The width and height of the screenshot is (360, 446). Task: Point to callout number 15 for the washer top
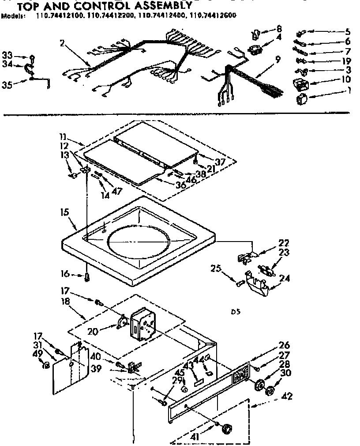[64, 212]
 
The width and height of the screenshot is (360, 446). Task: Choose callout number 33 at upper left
[7, 55]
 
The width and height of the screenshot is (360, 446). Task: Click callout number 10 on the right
[346, 79]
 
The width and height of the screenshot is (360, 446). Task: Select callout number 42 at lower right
[287, 396]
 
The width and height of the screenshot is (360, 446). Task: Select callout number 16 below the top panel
[64, 274]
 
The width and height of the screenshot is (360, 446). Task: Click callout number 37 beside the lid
[220, 162]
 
